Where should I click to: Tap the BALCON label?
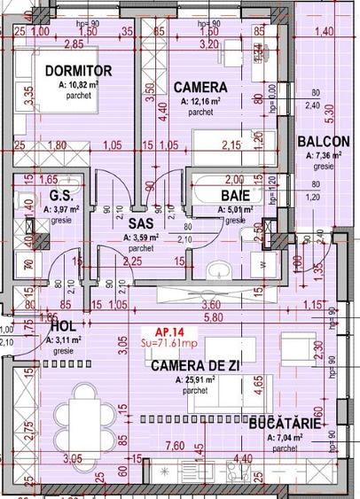click(324, 142)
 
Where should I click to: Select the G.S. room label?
click(60, 196)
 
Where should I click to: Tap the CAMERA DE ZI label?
click(195, 365)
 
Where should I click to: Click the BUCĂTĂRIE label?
click(285, 425)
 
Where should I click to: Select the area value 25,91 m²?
click(197, 378)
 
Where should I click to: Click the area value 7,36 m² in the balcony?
click(324, 155)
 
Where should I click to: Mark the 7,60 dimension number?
click(174, 445)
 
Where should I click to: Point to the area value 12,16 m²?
click(200, 101)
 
